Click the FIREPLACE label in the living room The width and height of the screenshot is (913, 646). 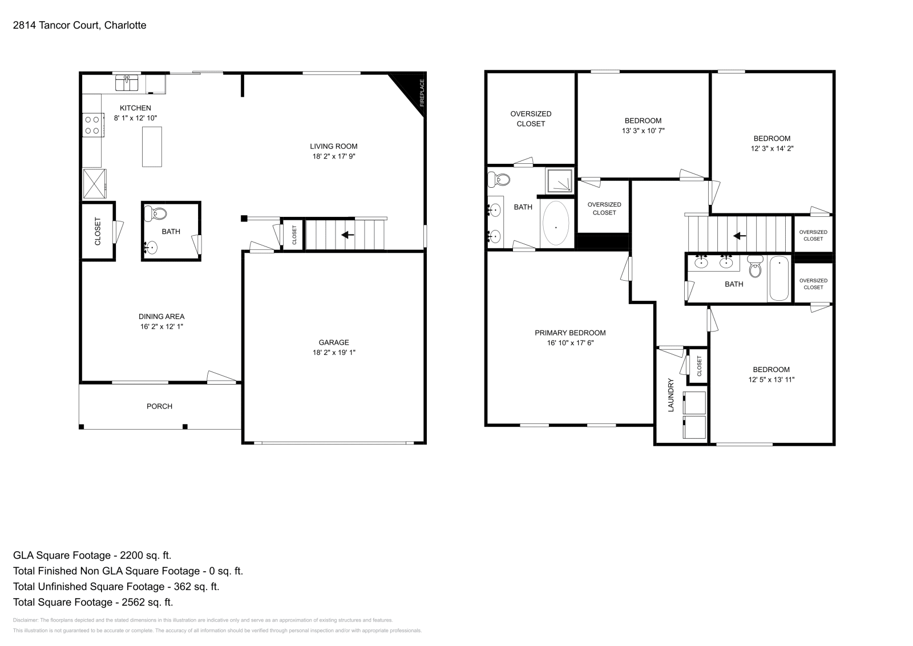click(422, 93)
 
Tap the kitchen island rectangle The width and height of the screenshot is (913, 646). click(152, 147)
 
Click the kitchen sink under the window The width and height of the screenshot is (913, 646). click(127, 83)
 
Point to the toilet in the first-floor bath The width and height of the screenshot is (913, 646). click(156, 214)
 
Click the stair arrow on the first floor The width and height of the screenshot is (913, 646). click(347, 235)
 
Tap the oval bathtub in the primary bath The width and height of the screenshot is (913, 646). click(556, 223)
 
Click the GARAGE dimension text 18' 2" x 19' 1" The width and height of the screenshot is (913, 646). click(334, 353)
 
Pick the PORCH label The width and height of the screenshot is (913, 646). click(159, 406)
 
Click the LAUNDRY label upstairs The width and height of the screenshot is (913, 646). click(671, 395)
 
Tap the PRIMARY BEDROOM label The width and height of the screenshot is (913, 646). click(570, 333)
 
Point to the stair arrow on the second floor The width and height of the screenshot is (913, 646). click(740, 235)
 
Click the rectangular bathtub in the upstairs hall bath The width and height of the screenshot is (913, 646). click(779, 279)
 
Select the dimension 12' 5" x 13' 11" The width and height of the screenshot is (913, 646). click(771, 379)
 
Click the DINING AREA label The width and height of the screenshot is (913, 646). click(161, 317)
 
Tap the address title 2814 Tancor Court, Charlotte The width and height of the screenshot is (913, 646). click(79, 25)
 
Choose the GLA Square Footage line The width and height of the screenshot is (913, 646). click(92, 555)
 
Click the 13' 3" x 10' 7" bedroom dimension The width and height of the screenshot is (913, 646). click(643, 131)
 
